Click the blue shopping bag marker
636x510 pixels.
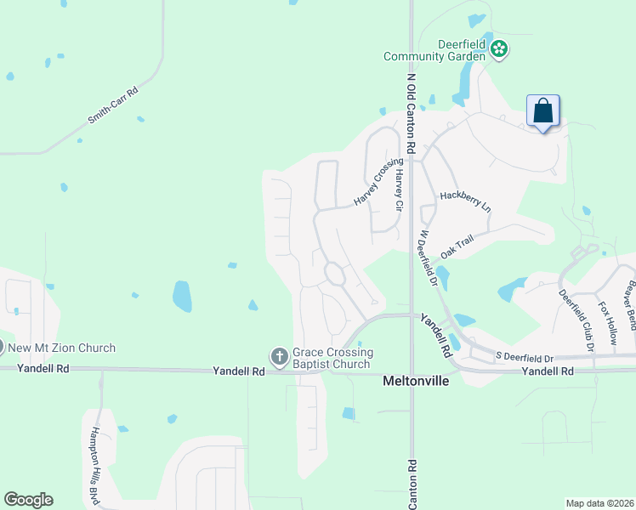[x=542, y=111]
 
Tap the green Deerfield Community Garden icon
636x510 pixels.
[x=500, y=50]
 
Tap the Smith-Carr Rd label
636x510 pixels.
[x=112, y=106]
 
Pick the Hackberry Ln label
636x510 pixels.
[x=465, y=201]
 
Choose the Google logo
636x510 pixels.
[x=28, y=500]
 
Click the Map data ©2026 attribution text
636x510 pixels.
[x=599, y=503]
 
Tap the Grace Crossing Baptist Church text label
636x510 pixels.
[x=332, y=358]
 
